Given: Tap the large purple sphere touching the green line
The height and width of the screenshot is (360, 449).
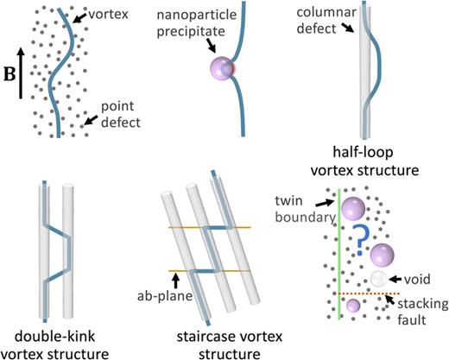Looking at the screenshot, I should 351,207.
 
